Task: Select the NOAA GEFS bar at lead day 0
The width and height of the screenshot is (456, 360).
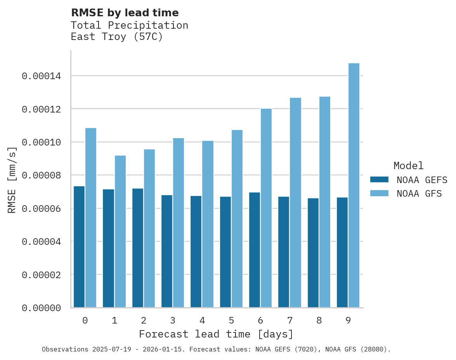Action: tap(79, 247)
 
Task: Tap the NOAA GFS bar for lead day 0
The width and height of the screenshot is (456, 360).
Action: tap(91, 218)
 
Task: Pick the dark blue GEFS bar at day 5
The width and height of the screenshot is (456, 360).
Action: tap(225, 252)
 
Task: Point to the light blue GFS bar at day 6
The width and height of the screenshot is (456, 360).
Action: tap(266, 208)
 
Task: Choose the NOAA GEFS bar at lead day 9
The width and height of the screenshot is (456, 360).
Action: tap(342, 252)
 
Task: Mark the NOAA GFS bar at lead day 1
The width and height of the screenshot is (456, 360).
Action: tap(120, 231)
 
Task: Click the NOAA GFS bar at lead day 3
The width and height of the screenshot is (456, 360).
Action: tap(179, 223)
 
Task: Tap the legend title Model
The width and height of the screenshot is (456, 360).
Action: tap(408, 166)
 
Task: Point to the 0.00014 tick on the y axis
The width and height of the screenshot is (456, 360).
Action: tap(42, 76)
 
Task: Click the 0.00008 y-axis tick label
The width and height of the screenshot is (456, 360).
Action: tap(42, 175)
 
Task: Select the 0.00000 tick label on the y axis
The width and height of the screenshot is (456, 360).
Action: tap(42, 308)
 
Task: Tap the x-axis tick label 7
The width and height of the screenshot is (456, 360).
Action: tap(290, 321)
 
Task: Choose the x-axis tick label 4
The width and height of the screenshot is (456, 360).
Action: tap(202, 321)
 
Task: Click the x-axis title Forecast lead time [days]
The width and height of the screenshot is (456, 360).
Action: tap(216, 334)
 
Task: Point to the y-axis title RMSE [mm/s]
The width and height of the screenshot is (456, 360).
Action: tap(12, 180)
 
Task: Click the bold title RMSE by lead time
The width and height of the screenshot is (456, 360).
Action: tap(125, 13)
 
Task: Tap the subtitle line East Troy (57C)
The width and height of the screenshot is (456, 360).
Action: tap(117, 37)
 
